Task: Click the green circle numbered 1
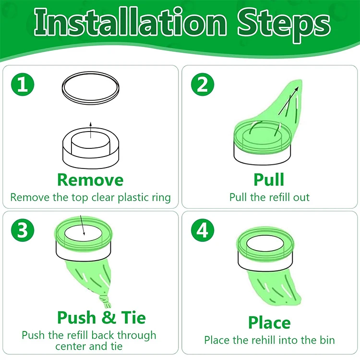(23, 84)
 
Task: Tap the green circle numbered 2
(203, 84)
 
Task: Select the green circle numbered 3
(23, 230)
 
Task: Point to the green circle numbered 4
(203, 230)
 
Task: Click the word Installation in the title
(131, 23)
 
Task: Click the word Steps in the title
(284, 25)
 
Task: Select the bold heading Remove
(90, 180)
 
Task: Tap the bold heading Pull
(269, 180)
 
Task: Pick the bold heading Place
(269, 323)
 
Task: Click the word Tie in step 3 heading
(133, 317)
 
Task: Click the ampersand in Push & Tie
(108, 317)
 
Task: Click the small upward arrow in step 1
(91, 130)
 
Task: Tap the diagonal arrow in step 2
(288, 101)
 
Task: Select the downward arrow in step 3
(83, 225)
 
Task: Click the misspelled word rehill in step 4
(270, 340)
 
